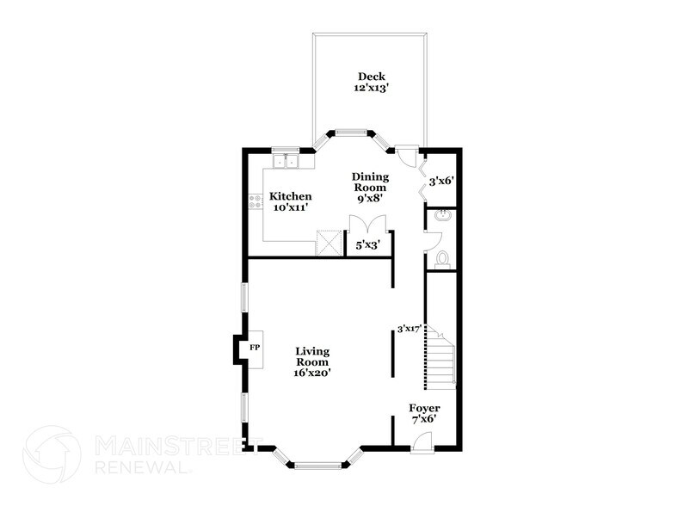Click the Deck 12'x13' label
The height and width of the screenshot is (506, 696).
tap(371, 82)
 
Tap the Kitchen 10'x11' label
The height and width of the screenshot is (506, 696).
tap(290, 201)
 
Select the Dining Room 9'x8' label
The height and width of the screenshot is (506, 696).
tap(370, 188)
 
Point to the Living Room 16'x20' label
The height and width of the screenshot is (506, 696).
tap(312, 362)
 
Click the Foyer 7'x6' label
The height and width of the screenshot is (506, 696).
tap(424, 414)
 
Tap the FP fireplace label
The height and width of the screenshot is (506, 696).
tap(255, 348)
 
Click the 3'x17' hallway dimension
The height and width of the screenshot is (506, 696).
tap(409, 329)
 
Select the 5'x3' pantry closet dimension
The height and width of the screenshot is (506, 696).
tap(368, 244)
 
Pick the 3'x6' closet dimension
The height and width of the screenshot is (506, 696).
tap(440, 181)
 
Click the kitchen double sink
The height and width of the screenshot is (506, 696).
tap(286, 161)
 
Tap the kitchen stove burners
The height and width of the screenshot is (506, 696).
tap(255, 201)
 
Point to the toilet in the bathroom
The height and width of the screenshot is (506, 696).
tap(441, 259)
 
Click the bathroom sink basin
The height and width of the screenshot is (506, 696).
tap(442, 216)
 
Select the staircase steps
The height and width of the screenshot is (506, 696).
tap(440, 357)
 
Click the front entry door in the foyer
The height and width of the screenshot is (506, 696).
tap(422, 443)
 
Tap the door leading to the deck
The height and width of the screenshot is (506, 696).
tap(406, 156)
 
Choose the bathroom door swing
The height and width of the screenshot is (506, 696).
tap(433, 242)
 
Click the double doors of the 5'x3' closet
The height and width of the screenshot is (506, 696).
tap(368, 223)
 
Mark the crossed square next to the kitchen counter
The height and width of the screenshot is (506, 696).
tap(328, 244)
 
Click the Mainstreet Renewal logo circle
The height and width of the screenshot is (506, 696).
tap(52, 454)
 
